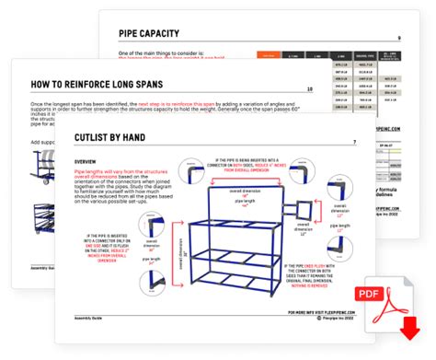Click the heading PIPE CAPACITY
tap(155, 36)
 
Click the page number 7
tap(354, 143)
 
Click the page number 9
tap(398, 38)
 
